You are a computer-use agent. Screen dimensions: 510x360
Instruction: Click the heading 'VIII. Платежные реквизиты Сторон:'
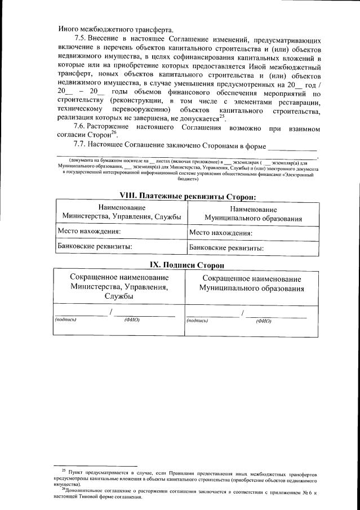(x=188, y=196)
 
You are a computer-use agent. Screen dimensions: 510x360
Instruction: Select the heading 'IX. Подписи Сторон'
(x=188, y=264)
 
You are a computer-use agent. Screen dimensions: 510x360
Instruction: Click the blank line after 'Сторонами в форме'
(x=292, y=147)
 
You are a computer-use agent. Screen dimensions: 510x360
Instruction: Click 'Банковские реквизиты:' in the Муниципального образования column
(x=226, y=247)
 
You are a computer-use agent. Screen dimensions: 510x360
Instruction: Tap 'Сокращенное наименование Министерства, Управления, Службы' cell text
(x=119, y=287)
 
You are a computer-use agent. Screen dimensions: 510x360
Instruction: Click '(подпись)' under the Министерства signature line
(x=65, y=320)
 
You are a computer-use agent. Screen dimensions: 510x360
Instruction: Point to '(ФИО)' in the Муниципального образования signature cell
(x=263, y=321)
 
